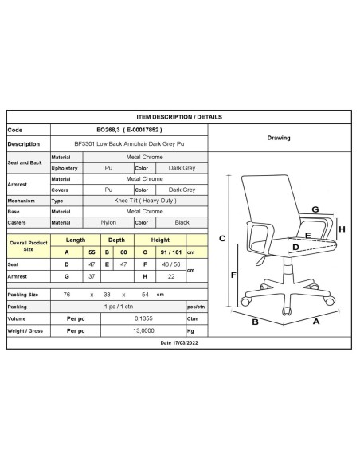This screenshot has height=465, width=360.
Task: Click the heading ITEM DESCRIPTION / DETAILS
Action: tap(179, 115)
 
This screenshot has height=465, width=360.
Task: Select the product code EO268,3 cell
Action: tap(128, 130)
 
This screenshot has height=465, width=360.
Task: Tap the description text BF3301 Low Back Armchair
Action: tap(128, 144)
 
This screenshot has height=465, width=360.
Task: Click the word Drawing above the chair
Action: tap(279, 137)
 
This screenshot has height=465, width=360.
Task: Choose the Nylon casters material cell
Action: tap(108, 222)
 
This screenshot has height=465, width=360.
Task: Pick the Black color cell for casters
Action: tap(182, 222)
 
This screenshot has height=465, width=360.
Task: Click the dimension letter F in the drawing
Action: tap(233, 275)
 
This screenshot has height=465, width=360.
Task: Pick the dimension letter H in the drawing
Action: tap(342, 229)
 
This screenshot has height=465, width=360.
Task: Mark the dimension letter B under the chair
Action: tap(277, 323)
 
